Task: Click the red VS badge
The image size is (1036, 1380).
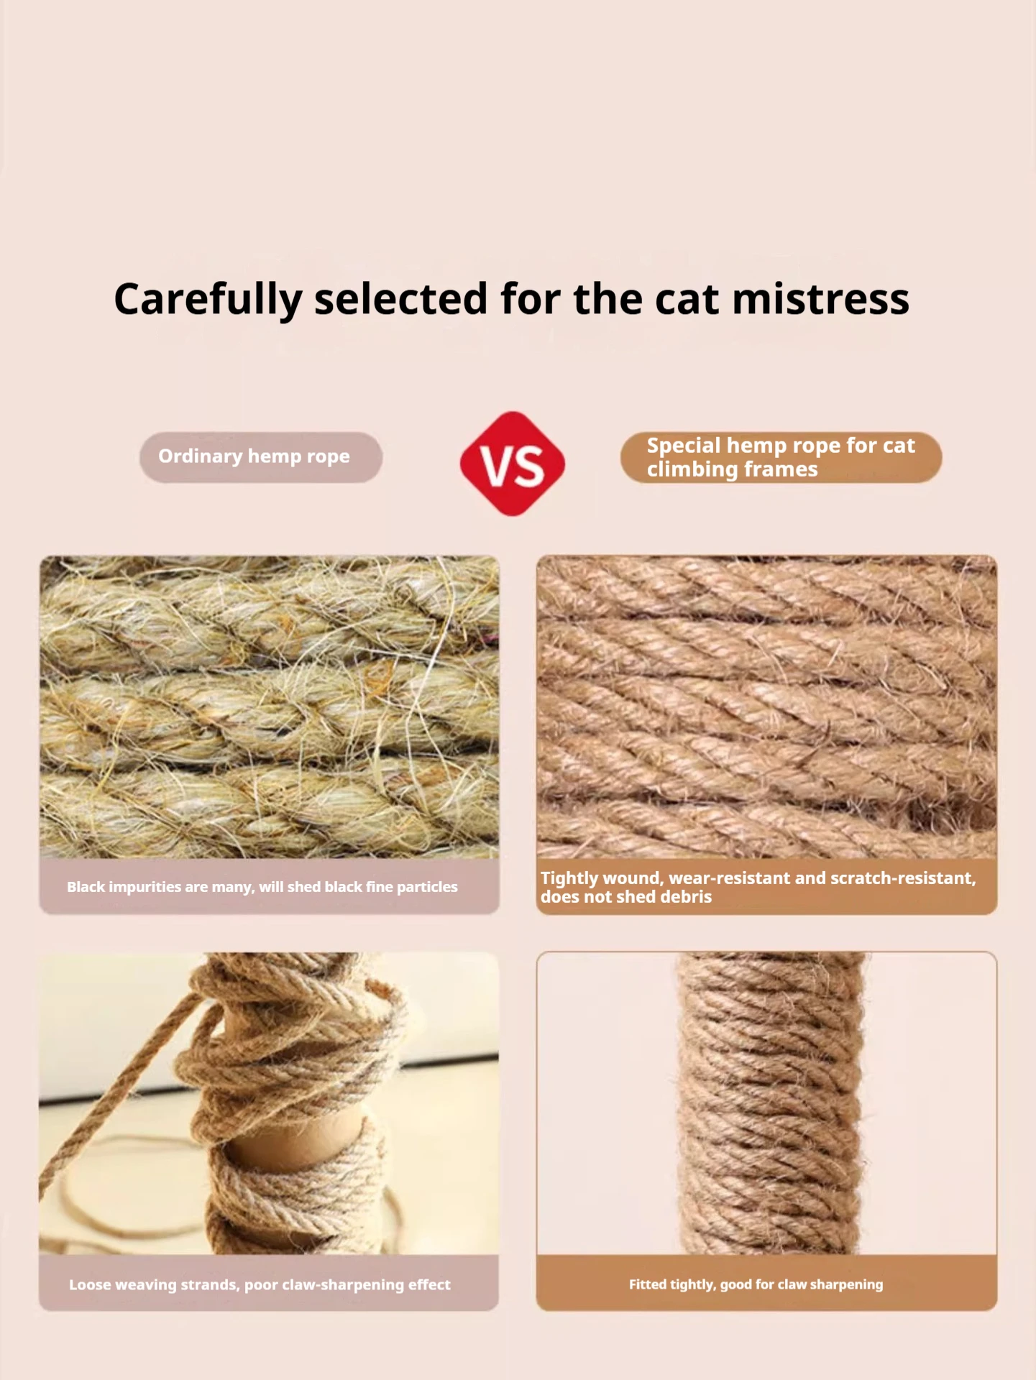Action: click(512, 464)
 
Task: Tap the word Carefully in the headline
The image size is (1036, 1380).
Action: click(208, 300)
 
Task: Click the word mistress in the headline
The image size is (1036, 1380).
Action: click(820, 299)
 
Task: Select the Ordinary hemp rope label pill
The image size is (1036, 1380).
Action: click(260, 457)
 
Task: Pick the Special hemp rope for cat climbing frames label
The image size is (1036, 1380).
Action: click(781, 457)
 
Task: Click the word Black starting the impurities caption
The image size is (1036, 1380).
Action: click(86, 887)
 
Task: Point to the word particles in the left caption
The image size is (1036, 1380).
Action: click(427, 887)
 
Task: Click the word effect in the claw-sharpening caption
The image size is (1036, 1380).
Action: click(429, 1284)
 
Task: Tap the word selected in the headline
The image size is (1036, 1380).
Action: click(401, 299)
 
